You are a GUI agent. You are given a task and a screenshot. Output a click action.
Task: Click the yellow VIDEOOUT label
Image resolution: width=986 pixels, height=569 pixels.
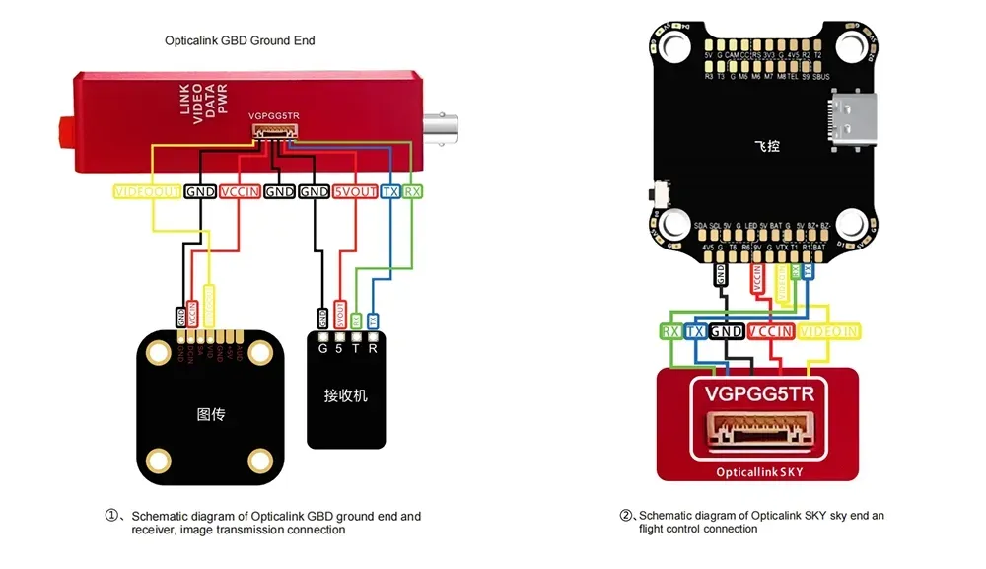point(148,191)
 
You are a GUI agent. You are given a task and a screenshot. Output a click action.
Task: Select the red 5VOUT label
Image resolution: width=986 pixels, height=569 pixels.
point(355,191)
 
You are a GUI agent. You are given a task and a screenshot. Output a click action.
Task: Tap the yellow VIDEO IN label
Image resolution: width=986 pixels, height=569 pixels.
point(828,331)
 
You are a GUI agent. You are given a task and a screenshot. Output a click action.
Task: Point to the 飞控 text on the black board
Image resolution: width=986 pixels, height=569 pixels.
point(767,146)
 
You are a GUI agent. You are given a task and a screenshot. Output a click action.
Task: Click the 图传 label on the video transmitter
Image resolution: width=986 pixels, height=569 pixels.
point(211,414)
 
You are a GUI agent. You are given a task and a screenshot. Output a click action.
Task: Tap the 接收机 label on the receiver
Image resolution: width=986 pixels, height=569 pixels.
point(346,394)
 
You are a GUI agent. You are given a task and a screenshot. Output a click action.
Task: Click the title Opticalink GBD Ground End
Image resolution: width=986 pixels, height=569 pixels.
point(240,41)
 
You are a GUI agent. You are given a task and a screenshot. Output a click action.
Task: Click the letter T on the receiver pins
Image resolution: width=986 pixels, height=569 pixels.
point(355,346)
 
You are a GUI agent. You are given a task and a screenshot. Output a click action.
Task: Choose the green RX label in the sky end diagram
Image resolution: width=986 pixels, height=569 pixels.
point(671,331)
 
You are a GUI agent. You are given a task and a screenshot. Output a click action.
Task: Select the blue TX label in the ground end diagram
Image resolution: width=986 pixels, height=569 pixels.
point(390,191)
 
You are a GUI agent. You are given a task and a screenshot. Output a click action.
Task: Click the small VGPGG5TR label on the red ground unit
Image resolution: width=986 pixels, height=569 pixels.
point(274,116)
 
